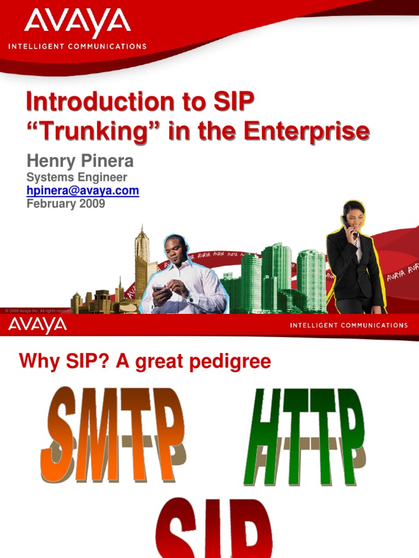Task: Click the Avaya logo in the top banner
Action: pos(77,23)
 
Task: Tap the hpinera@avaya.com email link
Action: pos(82,191)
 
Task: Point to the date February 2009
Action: pos(65,204)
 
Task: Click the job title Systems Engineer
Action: pos(77,177)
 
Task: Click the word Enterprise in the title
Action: pos(306,131)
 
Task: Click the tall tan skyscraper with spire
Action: pos(142,256)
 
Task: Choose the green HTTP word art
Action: pos(303,436)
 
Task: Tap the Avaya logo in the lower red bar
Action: pos(37,326)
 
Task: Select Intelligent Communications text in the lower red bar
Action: pos(349,325)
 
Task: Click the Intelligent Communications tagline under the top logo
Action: pos(77,46)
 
